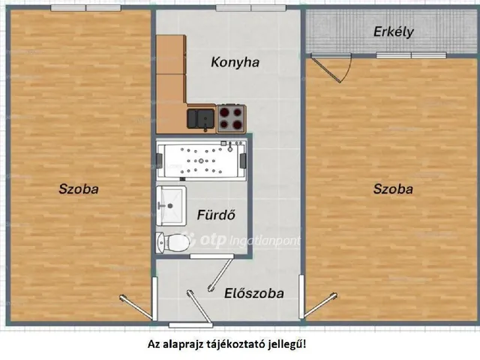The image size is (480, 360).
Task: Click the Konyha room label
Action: click(x=235, y=63)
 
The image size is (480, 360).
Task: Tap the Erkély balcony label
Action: click(x=394, y=32)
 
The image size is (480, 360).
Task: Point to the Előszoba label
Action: click(x=253, y=293)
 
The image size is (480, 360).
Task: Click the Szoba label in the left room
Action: click(x=79, y=190)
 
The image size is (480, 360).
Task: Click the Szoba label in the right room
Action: click(x=393, y=190)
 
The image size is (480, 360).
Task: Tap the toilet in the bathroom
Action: click(x=171, y=242)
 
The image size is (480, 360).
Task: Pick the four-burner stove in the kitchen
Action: click(x=232, y=118)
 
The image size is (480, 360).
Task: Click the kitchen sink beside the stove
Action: click(x=200, y=118)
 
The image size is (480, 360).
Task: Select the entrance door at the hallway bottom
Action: click(x=187, y=324)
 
